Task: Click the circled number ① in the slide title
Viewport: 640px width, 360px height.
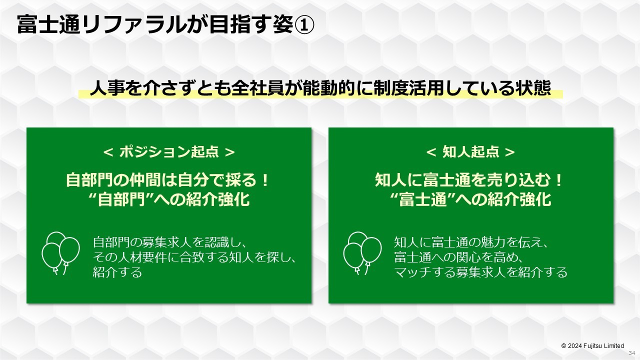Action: (304, 24)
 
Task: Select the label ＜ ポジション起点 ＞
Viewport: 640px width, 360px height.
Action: (169, 152)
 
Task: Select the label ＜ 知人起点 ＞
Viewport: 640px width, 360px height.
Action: (470, 152)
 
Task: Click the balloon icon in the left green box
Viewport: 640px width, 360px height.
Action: (61, 253)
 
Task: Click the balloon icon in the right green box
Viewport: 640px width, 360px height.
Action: (362, 253)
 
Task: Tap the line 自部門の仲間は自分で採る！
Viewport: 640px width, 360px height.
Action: (167, 180)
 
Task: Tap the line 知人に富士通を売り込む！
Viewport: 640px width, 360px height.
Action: (469, 180)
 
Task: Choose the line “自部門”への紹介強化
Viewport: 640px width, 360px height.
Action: (169, 199)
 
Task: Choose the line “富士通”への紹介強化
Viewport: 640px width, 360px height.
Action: (470, 199)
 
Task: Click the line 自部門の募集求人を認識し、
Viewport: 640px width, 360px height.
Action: (169, 242)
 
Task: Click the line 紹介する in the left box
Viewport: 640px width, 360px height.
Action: (117, 272)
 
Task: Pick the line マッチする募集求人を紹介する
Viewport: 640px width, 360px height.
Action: (480, 272)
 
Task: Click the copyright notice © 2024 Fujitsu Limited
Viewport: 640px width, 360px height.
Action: (592, 346)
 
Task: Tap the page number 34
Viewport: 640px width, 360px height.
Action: (631, 353)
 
